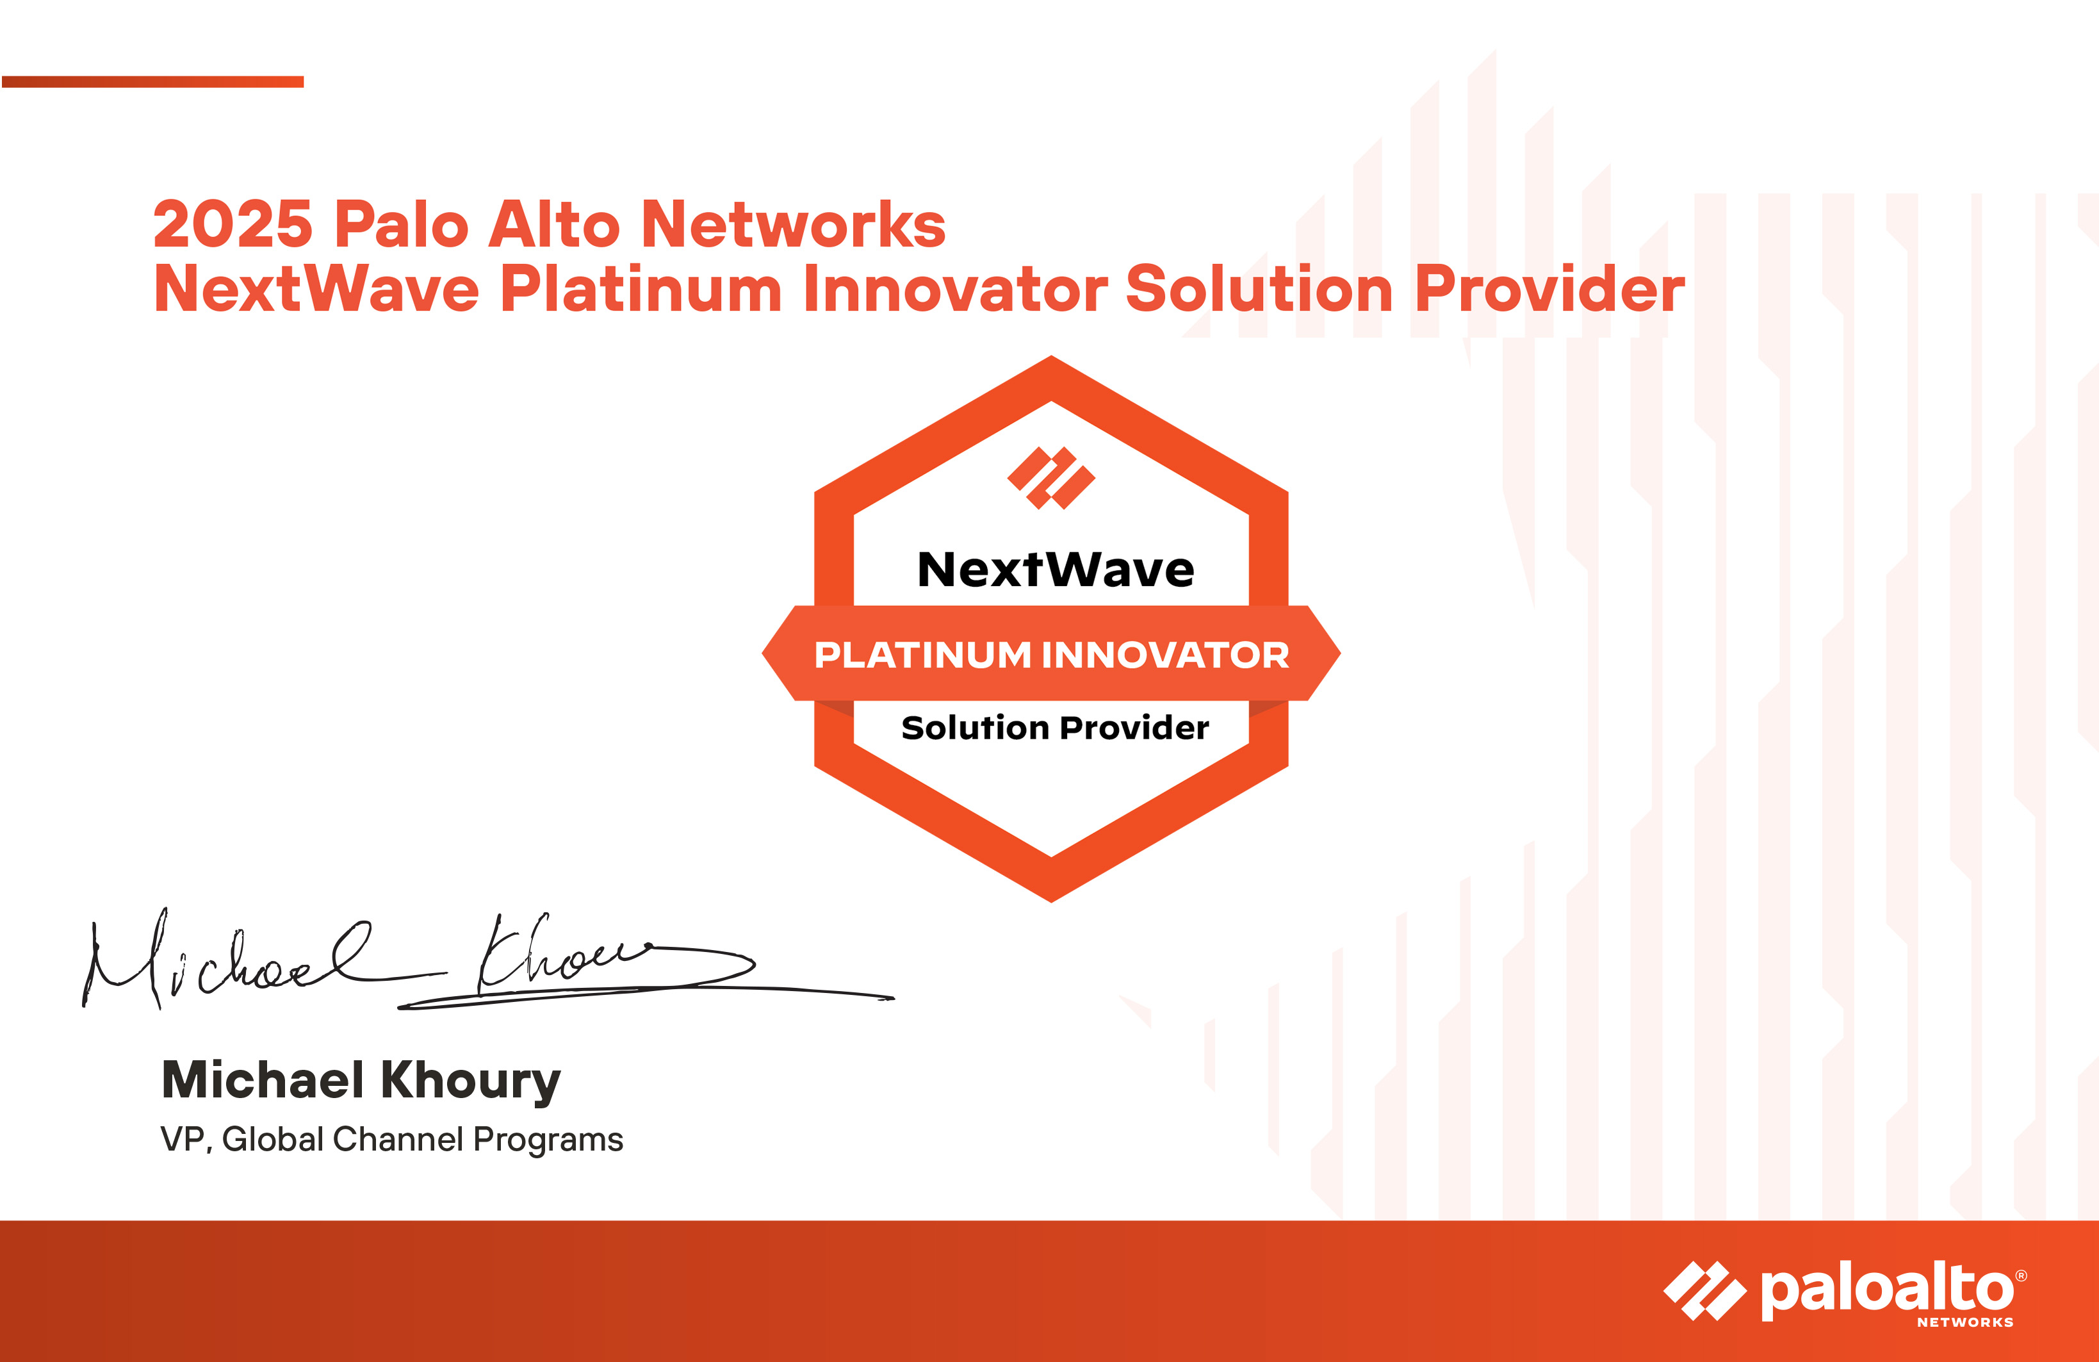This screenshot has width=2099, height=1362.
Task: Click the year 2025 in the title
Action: tap(233, 224)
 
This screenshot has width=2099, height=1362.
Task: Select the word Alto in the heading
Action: tap(554, 224)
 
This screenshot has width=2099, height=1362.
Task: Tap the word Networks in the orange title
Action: tap(793, 224)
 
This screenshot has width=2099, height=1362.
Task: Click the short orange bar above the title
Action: tap(152, 82)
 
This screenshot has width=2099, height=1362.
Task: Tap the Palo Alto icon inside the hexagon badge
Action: tap(1051, 478)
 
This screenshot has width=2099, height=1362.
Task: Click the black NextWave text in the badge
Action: tap(1056, 569)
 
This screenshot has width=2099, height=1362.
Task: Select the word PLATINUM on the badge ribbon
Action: tap(922, 655)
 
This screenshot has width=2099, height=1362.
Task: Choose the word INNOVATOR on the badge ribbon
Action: tap(1165, 655)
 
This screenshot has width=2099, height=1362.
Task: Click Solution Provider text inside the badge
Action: tap(1055, 728)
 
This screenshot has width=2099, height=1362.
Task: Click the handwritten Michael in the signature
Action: tap(225, 962)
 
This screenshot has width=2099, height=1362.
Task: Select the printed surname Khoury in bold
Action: tap(472, 1081)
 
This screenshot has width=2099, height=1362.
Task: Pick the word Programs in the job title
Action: tap(548, 1140)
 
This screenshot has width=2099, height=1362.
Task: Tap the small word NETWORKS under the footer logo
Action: tap(1965, 1322)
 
